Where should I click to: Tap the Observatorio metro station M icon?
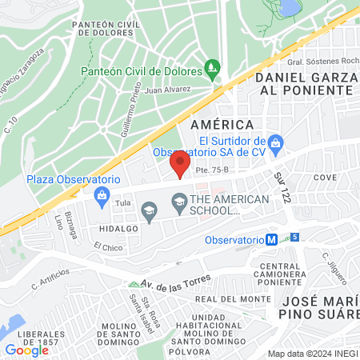tap(272, 239)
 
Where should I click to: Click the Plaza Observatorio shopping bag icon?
tap(102, 196)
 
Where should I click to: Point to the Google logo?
tap(26, 350)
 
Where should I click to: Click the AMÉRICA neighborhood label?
tap(223, 125)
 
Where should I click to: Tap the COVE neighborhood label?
tap(324, 177)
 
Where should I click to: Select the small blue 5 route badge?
tap(294, 237)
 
